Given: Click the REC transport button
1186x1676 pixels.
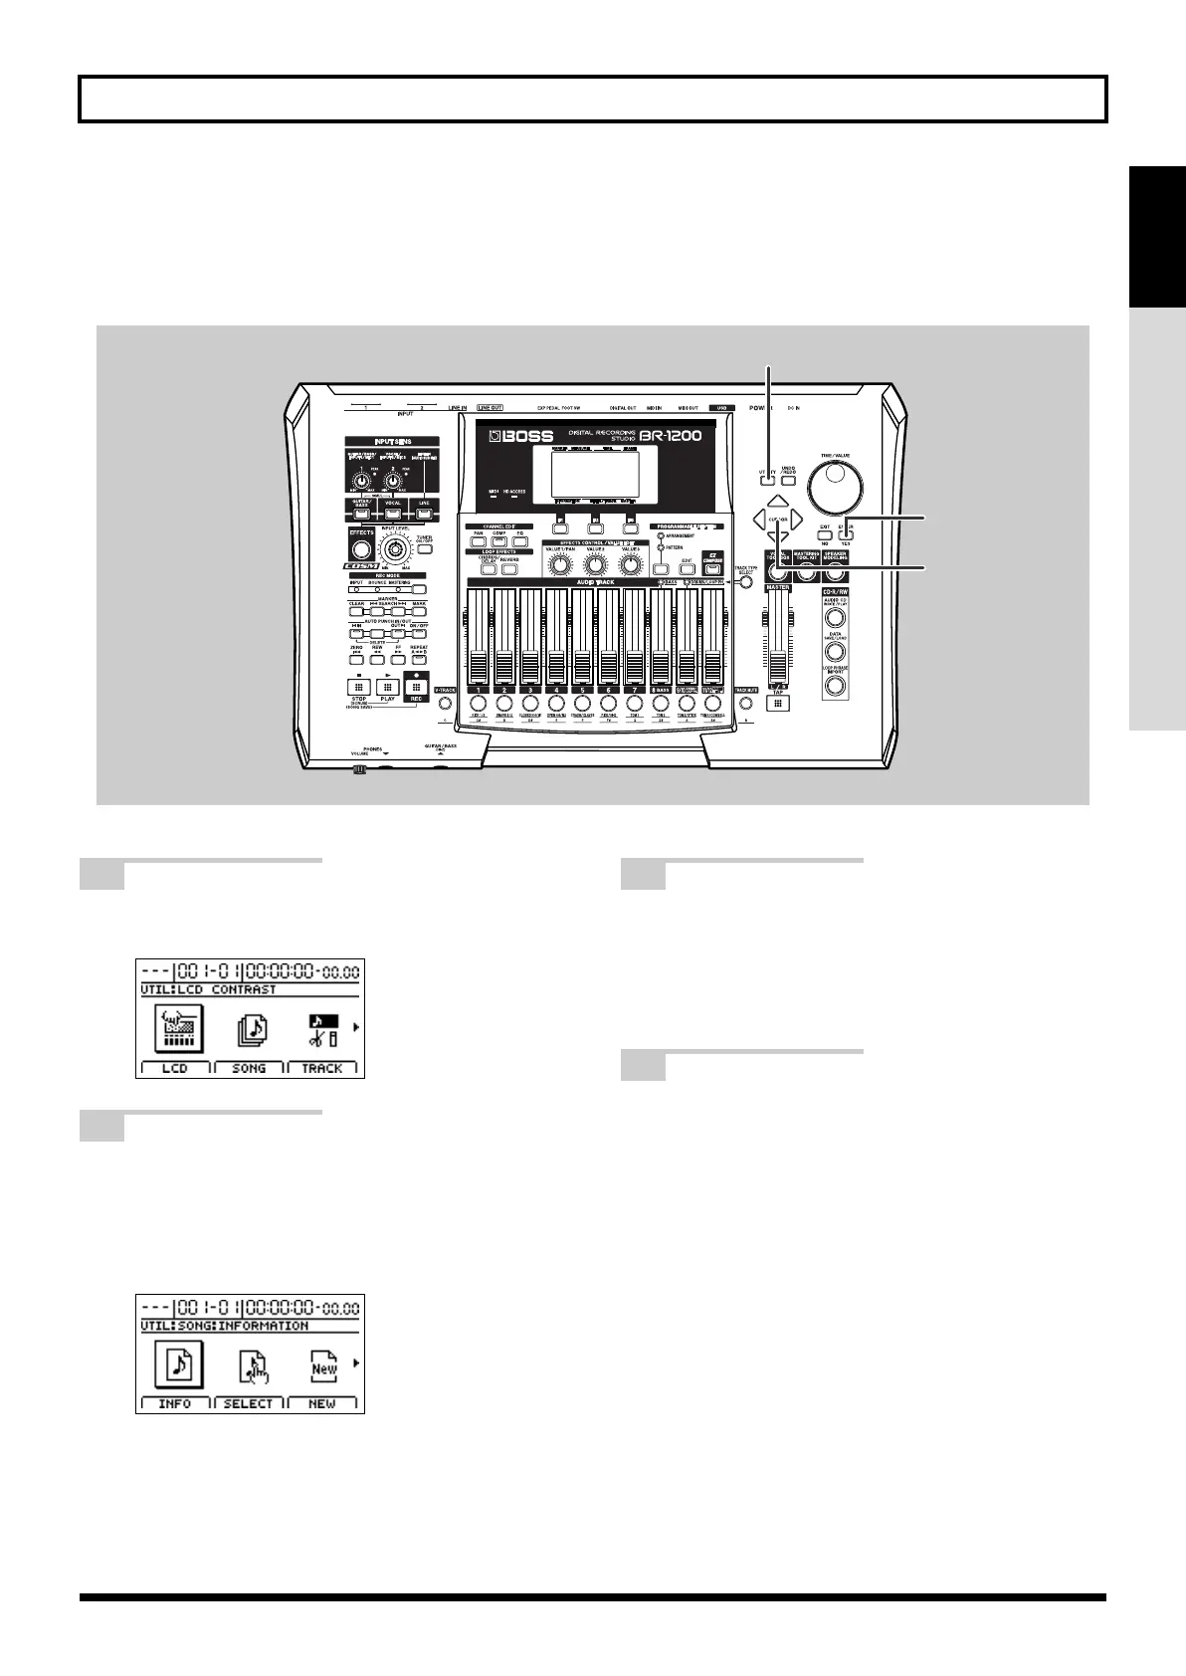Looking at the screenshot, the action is click(415, 686).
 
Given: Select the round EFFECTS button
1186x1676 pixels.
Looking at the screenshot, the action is click(361, 549).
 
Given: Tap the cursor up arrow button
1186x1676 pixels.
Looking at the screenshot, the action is click(778, 502).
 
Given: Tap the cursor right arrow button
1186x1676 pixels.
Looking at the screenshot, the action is click(796, 519).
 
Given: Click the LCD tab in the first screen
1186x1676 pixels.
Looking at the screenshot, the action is click(175, 1068).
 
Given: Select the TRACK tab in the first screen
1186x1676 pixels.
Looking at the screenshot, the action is click(322, 1068).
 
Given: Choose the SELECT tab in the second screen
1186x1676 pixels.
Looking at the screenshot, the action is click(249, 1403).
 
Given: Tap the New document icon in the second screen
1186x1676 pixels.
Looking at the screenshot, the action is click(323, 1367).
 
